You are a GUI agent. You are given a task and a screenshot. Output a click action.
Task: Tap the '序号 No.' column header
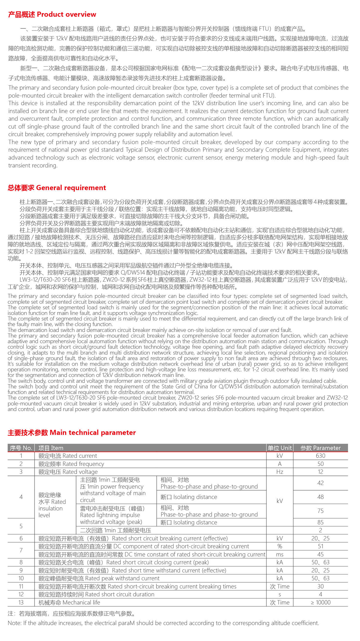pos(21,448)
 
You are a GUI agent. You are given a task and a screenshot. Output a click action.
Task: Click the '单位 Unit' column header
pos(279,448)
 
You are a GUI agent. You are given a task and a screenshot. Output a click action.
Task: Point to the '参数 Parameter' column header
pos(320,448)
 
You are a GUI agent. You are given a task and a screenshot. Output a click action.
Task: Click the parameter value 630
pos(320,456)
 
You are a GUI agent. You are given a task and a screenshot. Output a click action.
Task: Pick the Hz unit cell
pos(279,472)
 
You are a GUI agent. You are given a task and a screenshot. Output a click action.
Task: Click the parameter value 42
pos(320,483)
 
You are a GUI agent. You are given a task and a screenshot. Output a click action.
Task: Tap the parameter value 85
pos(320,522)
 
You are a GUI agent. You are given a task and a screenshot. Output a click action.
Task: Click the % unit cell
pos(279,546)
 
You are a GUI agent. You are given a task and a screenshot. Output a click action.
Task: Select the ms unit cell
pos(279,554)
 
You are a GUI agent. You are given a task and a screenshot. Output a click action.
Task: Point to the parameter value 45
pos(320,554)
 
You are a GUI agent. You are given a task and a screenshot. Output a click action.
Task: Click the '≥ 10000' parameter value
pos(320,603)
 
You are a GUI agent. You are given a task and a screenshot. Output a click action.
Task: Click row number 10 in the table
pos(21,578)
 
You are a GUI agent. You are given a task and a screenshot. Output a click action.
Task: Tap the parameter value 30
pos(320,586)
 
